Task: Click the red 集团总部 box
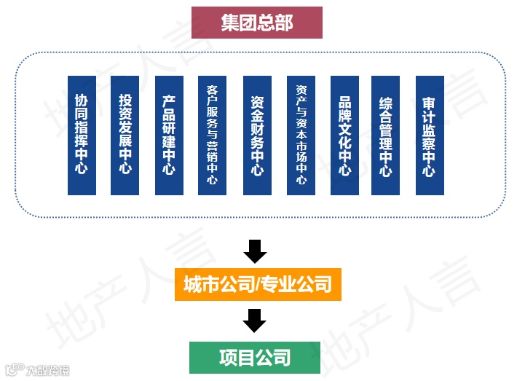click(256, 23)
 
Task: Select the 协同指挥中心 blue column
click(82, 135)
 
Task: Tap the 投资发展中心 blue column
click(125, 135)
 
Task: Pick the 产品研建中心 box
click(169, 135)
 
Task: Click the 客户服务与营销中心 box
click(212, 135)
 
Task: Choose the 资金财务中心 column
click(256, 135)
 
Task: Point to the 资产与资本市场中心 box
click(301, 135)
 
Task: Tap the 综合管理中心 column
click(385, 135)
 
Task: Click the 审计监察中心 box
click(429, 135)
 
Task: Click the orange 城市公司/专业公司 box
click(257, 283)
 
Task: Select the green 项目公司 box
click(254, 357)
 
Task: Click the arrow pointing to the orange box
click(255, 251)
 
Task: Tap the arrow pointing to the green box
click(255, 321)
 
